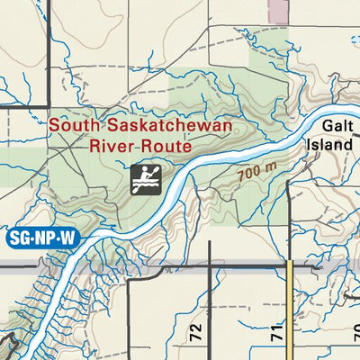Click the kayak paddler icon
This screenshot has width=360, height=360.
[x=144, y=179]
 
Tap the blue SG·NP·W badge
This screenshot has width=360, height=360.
[x=42, y=238]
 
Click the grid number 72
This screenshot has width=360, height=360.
[x=196, y=331]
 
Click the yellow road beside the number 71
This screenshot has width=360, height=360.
[x=292, y=315]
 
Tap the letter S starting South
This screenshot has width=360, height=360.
[x=55, y=126]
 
